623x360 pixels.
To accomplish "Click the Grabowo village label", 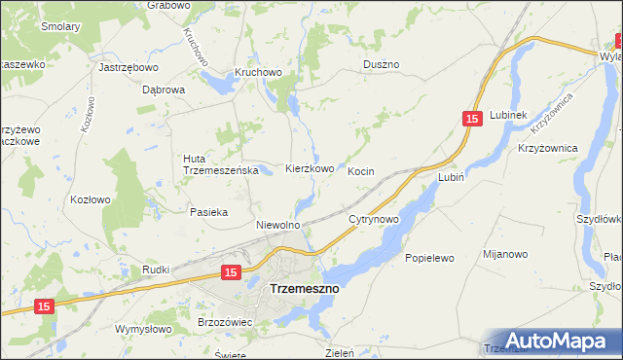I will (x=168, y=5).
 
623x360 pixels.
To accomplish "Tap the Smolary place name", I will (x=60, y=27).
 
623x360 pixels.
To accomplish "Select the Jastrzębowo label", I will (x=128, y=68).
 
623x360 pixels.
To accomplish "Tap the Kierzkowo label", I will (x=310, y=168).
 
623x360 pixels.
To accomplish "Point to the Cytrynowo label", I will (x=375, y=220).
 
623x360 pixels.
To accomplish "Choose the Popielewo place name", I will (x=429, y=259).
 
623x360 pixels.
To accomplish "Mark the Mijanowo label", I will (x=505, y=254).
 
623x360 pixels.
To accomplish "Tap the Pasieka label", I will (x=209, y=211).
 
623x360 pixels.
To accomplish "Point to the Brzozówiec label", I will (x=225, y=321).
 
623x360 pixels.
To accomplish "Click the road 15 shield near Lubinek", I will (x=472, y=119).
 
